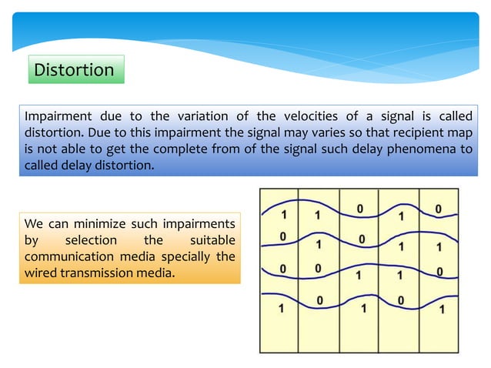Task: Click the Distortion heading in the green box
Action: (74, 70)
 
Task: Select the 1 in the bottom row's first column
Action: (281, 308)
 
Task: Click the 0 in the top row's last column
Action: (438, 209)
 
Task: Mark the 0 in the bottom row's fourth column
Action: (401, 299)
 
